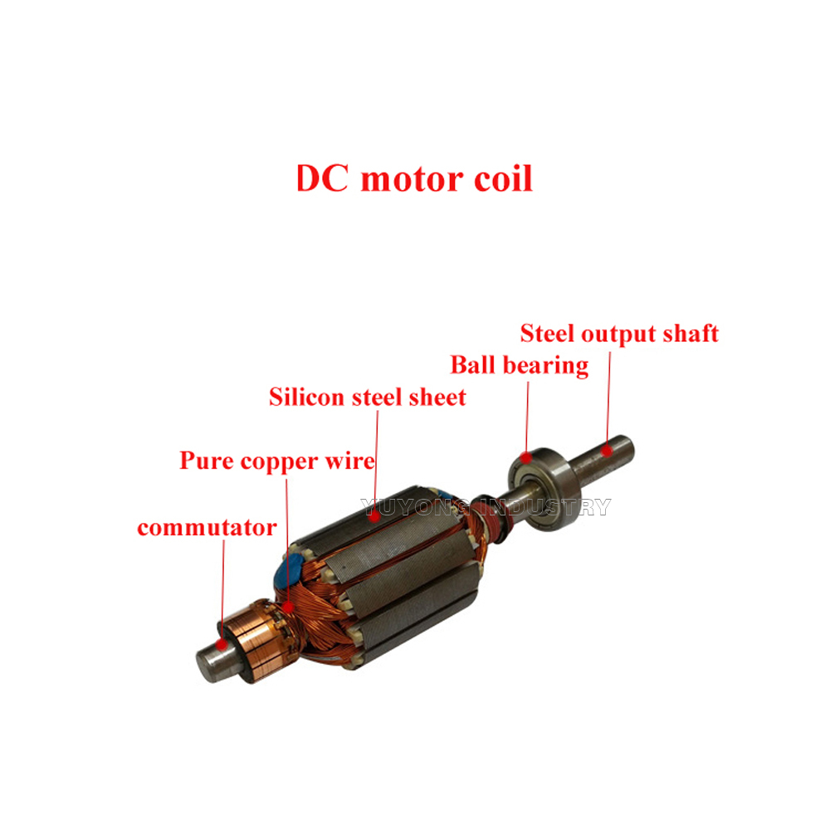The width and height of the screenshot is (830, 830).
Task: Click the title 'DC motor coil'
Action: pos(414,178)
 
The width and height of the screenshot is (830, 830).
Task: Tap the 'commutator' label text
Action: pos(207,528)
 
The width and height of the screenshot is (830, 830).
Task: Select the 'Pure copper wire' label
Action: pos(277,461)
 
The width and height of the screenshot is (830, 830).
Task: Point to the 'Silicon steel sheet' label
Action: pos(368,397)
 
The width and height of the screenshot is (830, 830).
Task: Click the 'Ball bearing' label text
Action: pos(520,365)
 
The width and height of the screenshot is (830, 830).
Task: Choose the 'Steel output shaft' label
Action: pos(619,334)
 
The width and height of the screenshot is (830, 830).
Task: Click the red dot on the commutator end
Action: pos(222,644)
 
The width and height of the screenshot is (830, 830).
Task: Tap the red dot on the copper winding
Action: pos(287,607)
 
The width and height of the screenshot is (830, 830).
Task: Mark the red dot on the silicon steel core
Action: pos(375,515)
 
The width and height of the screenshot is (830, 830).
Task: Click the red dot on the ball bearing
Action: pos(525,456)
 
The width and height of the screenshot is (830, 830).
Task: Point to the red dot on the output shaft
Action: pos(607,451)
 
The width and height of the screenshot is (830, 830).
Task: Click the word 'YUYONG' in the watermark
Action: pos(415,507)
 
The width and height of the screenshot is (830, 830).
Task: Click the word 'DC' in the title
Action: pos(322,178)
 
